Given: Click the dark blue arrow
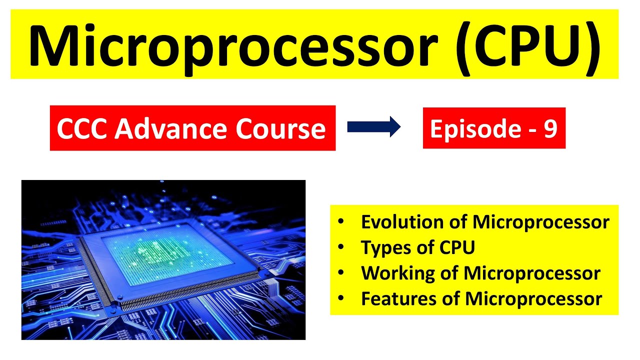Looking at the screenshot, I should (x=374, y=127).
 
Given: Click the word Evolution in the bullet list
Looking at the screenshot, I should (x=402, y=222).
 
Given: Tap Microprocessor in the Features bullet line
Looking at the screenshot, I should (x=533, y=299).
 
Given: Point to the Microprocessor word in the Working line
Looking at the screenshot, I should (x=532, y=273).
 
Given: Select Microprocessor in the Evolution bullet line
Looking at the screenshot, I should (x=541, y=222).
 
